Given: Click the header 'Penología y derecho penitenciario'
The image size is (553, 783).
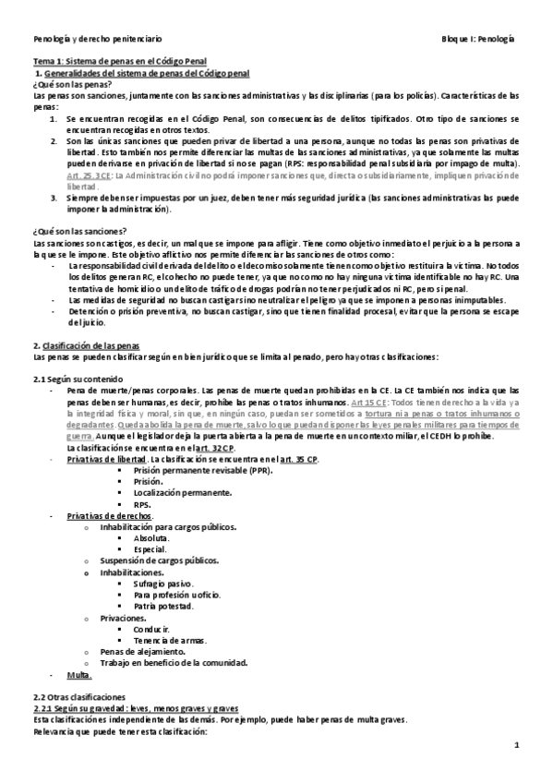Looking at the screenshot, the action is point(98,40).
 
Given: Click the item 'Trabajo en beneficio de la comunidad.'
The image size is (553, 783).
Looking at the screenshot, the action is point(174,662).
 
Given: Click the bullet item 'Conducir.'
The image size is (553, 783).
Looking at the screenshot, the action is point(151,629).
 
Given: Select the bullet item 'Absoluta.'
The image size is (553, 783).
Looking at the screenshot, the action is point(151,538).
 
